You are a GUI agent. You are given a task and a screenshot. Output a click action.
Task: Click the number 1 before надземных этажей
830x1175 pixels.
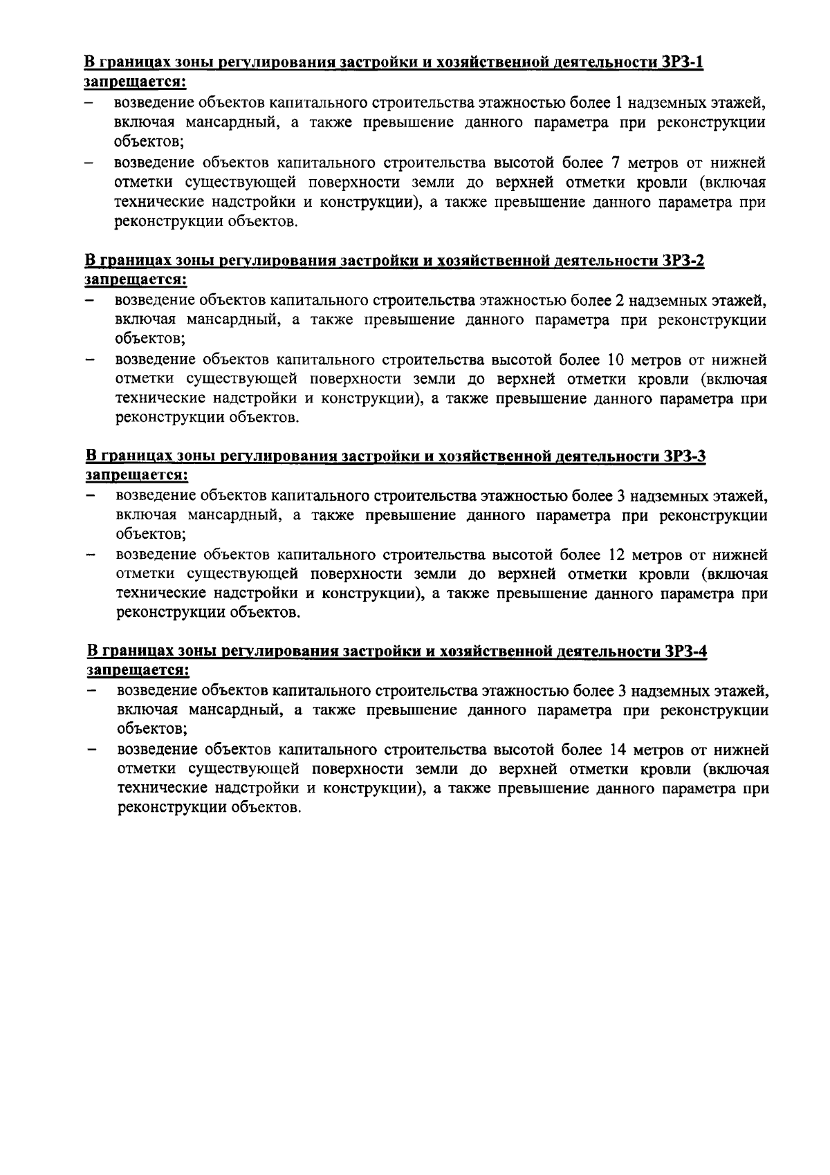[618, 104]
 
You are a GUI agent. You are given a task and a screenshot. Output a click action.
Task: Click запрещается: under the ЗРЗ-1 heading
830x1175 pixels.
[136, 82]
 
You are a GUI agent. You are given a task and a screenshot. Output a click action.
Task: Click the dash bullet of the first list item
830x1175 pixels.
[89, 104]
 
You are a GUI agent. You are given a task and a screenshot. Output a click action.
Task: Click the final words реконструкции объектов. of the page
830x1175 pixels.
[210, 808]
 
